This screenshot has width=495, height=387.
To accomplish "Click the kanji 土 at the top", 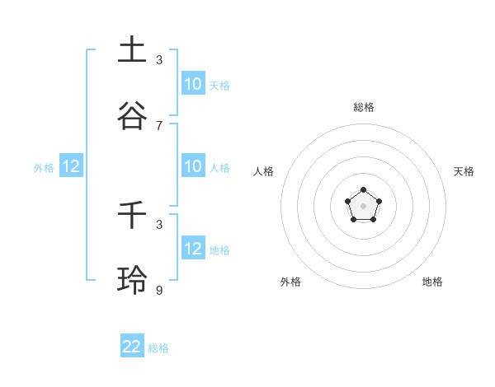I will click(x=132, y=49).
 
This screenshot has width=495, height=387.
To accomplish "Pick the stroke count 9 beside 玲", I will click(x=159, y=290).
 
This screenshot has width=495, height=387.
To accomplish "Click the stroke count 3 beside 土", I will click(x=159, y=59).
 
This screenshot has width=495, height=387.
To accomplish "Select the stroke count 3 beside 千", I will click(x=159, y=224).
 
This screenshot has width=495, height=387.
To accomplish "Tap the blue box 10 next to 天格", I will click(x=193, y=84).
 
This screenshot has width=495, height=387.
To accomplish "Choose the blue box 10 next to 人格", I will click(x=193, y=166).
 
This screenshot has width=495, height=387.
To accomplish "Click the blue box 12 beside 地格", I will click(x=193, y=249).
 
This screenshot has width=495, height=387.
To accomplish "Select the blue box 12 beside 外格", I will click(x=71, y=166).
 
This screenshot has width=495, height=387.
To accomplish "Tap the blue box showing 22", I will click(x=132, y=347).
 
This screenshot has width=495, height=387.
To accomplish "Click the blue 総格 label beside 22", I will click(x=158, y=348).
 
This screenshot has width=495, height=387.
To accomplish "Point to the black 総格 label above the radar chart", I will click(x=364, y=107).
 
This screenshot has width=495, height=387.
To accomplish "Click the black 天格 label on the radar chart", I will click(x=464, y=171).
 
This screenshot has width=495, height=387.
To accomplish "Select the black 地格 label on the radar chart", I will click(x=432, y=282).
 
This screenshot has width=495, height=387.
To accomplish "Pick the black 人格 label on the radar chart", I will click(x=264, y=171).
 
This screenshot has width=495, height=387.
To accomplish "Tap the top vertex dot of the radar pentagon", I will click(x=364, y=191).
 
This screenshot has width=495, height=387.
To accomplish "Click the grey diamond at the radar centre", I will click(x=364, y=207).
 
